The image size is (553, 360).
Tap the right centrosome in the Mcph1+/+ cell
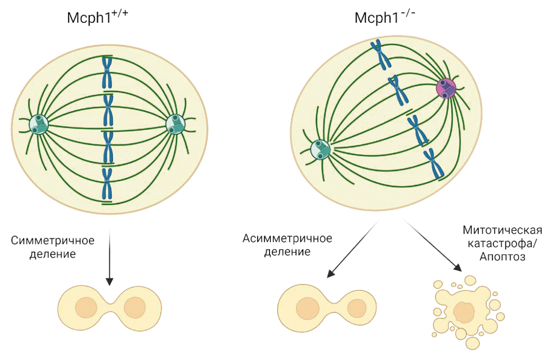click(175, 124)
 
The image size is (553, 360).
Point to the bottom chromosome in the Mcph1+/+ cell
click(107, 184)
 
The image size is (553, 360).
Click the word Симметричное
click(53, 240)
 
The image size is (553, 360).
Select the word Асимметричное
click(287, 238)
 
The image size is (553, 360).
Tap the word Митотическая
click(503, 231)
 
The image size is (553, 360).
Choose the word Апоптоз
click(502, 257)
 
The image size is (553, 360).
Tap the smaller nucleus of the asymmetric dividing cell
click(357, 308)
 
